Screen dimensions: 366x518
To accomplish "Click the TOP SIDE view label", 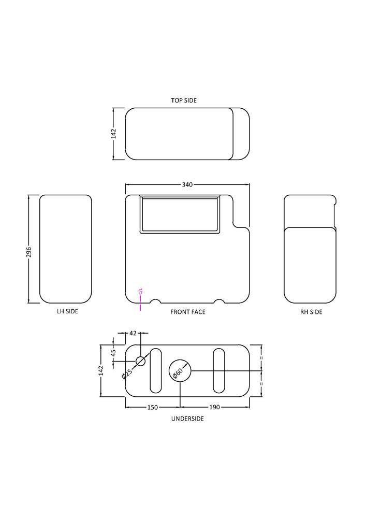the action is pos(183,100).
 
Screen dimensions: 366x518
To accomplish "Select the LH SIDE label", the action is pos(67,311).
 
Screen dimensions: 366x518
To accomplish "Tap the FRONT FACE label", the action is pos(188,312).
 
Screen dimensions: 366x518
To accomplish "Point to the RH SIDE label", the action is pos(311,312).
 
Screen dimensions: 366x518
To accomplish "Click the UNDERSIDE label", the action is pos(187,419).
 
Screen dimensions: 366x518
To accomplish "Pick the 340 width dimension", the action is pos(187,185).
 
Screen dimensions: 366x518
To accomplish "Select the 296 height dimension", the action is pos(28,252).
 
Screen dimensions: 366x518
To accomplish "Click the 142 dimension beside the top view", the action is pos(113,134).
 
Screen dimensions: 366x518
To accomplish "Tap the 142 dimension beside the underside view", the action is pos(101,370).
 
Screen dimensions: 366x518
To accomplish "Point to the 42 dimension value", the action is pos(133,333).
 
